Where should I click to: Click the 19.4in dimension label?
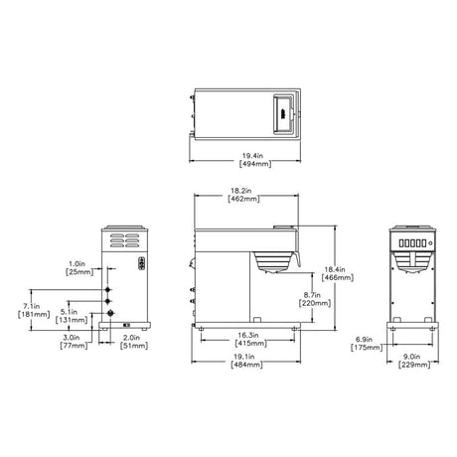tap(252, 155)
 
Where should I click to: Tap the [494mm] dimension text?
tap(255, 164)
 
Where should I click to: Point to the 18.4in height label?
tap(335, 269)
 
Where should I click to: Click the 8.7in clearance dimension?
tap(312, 295)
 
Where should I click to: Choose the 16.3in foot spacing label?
tap(248, 335)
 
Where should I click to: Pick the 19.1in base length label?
tap(244, 357)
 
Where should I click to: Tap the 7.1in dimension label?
tap(32, 306)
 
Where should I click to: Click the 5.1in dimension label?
tap(69, 312)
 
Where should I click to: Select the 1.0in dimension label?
tap(76, 264)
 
